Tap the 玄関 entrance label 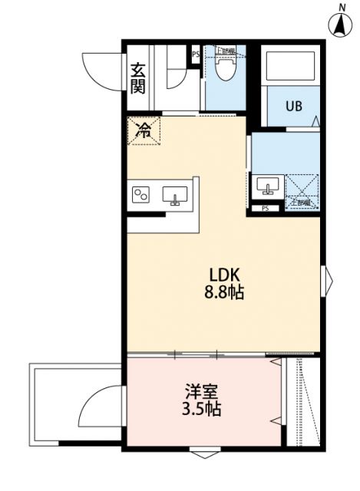coord(138,77)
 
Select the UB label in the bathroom coord(294,107)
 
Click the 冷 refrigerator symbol coord(143,131)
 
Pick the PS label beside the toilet coord(195,54)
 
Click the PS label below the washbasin coord(266,208)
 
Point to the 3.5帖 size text coord(201,410)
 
